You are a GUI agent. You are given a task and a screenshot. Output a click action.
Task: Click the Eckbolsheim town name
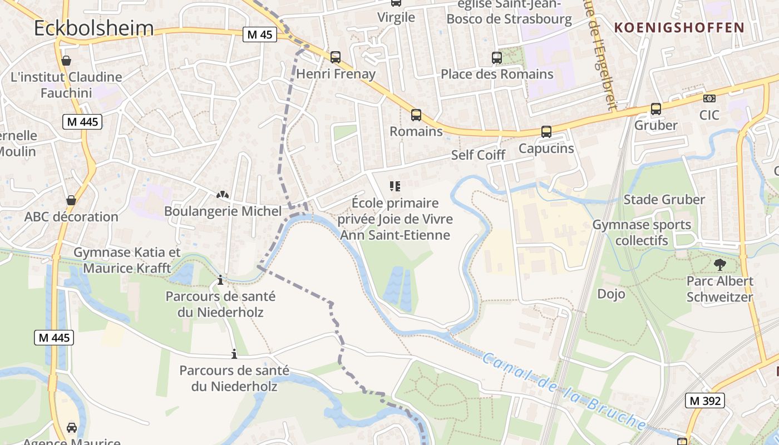[x=93, y=28]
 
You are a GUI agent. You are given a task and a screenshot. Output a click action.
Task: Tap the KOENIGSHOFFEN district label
[x=679, y=27]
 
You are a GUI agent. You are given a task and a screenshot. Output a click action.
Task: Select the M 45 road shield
[x=260, y=34]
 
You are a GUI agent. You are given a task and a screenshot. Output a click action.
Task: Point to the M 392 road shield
[x=705, y=400]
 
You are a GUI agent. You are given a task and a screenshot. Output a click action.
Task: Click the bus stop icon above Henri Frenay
[x=335, y=57]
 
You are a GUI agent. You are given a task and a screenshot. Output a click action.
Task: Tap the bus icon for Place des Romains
[x=496, y=57]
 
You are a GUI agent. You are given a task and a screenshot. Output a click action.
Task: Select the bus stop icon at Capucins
[x=546, y=132]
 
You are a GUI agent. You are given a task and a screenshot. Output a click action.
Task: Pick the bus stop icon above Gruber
[x=655, y=108]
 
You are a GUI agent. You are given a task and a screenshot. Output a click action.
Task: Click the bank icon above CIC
[x=709, y=98]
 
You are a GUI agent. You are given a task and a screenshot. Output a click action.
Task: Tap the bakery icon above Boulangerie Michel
[x=223, y=195]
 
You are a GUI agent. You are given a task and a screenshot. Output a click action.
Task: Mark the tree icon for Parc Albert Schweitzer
[x=719, y=264]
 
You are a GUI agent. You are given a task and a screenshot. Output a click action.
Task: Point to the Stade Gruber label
[x=664, y=199]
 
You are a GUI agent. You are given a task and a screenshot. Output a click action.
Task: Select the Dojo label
[x=611, y=293]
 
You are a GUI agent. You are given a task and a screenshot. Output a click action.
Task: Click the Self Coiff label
[x=478, y=155]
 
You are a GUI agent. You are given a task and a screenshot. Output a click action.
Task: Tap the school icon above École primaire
[x=395, y=186]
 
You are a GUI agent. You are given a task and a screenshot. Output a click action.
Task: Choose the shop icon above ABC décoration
[x=71, y=200]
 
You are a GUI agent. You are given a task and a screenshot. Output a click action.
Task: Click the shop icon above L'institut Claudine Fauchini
[x=66, y=60]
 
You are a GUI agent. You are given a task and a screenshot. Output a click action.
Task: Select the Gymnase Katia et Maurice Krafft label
[x=127, y=260]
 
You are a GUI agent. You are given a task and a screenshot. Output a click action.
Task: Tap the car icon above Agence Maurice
[x=72, y=427]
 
